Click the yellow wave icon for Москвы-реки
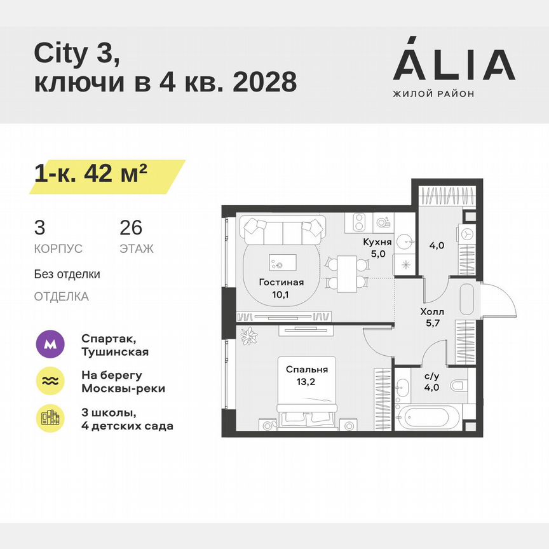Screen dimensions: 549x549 tap(50, 381)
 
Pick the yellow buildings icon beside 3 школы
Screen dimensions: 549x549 tap(50, 418)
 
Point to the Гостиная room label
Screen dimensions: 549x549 tap(280, 283)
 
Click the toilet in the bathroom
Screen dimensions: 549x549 tap(457, 385)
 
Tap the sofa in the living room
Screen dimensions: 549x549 tap(283, 231)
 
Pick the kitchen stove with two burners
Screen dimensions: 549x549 tap(357, 222)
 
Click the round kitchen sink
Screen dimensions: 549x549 tap(405, 242)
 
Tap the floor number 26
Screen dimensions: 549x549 tap(130, 227)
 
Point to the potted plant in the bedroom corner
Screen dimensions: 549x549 tap(248, 335)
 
